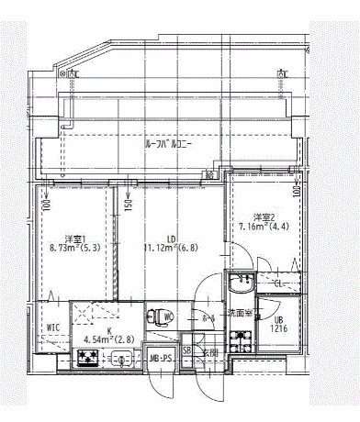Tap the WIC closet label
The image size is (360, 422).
(53, 326)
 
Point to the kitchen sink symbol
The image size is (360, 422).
(120, 359)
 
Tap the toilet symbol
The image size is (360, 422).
(166, 317)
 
